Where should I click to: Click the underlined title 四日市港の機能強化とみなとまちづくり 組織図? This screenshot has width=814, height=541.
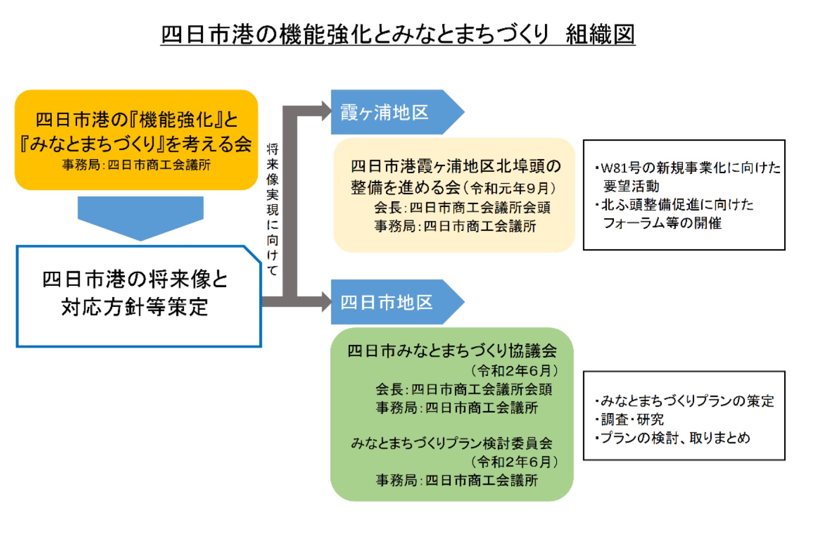tap(398, 34)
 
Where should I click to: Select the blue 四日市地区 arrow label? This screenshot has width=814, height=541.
tap(387, 302)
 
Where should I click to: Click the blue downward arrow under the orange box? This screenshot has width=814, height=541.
tap(140, 217)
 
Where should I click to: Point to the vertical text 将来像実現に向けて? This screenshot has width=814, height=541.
tap(272, 210)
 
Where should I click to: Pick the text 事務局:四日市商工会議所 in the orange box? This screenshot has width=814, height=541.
tap(136, 165)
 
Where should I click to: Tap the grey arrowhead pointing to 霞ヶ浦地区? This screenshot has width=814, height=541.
tap(326, 111)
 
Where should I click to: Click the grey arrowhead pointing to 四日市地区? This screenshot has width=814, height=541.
tap(326, 302)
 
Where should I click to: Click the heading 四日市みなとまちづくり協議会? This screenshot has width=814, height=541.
tap(452, 350)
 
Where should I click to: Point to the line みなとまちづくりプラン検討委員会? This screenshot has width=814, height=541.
tap(452, 443)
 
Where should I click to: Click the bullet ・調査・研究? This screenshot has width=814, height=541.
tap(630, 419)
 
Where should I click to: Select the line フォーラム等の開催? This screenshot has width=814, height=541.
tap(662, 223)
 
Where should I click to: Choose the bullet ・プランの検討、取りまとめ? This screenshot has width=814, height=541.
tap(673, 438)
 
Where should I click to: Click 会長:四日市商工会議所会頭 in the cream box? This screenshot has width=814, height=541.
tap(462, 207)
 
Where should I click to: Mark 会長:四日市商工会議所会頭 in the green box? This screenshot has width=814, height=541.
tap(463, 389)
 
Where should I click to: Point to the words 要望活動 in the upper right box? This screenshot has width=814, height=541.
tap(631, 186)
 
